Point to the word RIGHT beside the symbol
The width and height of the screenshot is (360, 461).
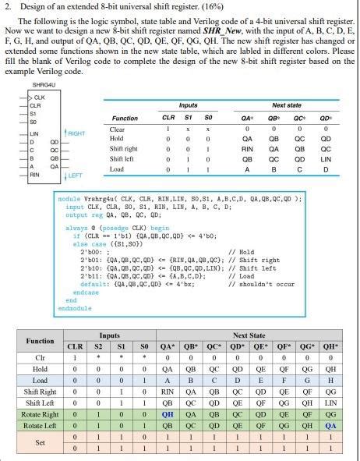coord(76,133)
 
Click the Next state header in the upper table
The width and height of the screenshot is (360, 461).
coord(286,105)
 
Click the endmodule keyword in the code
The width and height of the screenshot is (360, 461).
coord(75,308)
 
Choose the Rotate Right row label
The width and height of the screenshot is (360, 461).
coord(40,414)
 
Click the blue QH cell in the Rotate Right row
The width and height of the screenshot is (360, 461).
coord(168,414)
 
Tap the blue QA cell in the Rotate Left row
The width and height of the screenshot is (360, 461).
coord(331,426)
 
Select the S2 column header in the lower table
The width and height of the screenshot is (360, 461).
coord(97,346)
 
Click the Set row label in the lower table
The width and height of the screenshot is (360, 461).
coord(40,443)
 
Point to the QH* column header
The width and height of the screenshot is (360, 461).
coord(331,346)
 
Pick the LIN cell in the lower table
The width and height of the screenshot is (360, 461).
coord(331,402)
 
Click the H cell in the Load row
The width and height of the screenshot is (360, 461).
coord(331,380)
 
